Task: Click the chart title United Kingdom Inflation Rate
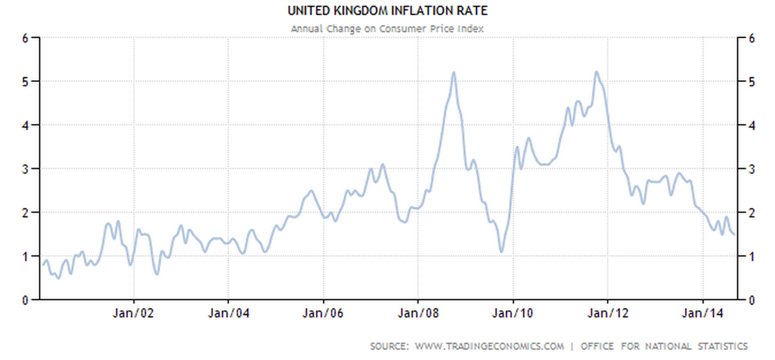pyautogui.click(x=387, y=10)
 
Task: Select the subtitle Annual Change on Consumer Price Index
pyautogui.click(x=387, y=28)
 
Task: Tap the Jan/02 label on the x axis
pyautogui.click(x=134, y=313)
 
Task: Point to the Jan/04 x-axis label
pyautogui.click(x=229, y=313)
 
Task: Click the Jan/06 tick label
pyautogui.click(x=324, y=313)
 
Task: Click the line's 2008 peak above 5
pyautogui.click(x=454, y=72)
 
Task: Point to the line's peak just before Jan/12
pyautogui.click(x=596, y=72)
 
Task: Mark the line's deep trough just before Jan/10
pyautogui.click(x=501, y=251)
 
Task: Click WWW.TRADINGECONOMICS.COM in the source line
pyautogui.click(x=489, y=346)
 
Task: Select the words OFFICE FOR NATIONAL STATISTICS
pyautogui.click(x=664, y=346)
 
